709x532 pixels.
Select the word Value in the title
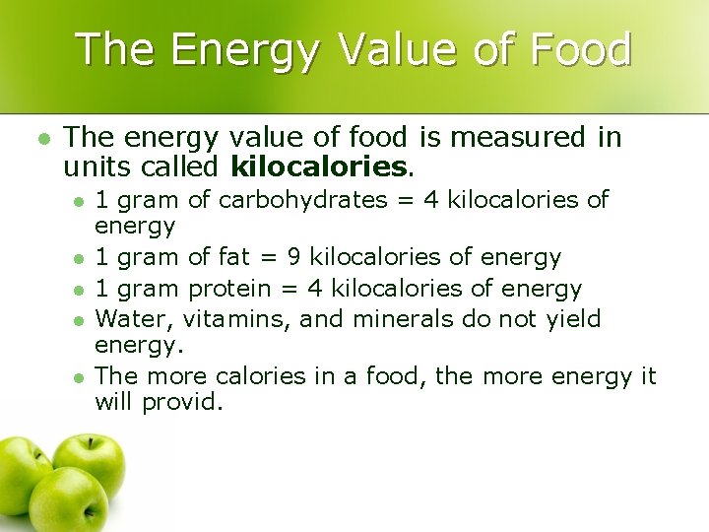[x=395, y=49]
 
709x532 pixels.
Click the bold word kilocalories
[x=318, y=166]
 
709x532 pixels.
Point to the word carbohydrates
[x=302, y=200]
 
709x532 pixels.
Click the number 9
[x=293, y=258]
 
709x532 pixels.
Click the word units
[x=96, y=166]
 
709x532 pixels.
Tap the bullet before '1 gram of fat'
[x=78, y=259]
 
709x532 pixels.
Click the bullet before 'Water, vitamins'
[x=78, y=320]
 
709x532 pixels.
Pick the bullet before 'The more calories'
[x=78, y=376]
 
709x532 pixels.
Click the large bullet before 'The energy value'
[x=41, y=138]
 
